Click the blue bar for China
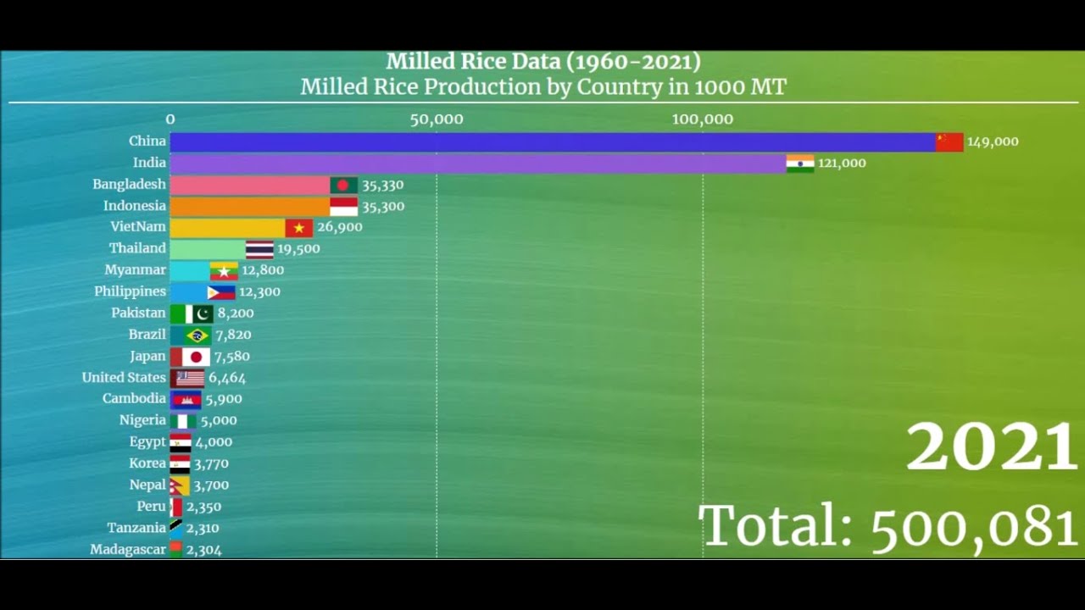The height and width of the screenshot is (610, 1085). [x=551, y=141]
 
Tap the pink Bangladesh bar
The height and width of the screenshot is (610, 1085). [x=249, y=185]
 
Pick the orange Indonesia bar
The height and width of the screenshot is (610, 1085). [x=249, y=206]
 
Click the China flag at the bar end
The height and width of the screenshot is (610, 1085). [x=949, y=141]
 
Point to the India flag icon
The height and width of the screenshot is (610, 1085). [x=800, y=163]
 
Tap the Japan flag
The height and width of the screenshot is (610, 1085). [x=196, y=357]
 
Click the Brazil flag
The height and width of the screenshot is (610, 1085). [x=198, y=335]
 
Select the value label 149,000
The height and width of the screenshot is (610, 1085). [x=993, y=142]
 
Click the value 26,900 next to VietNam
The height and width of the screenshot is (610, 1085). [x=339, y=227]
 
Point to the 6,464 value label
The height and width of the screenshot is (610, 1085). [x=227, y=378]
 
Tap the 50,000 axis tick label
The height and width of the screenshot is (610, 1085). [x=437, y=119]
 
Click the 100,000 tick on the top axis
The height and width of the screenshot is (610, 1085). [x=703, y=119]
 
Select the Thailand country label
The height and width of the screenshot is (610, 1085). [x=137, y=248]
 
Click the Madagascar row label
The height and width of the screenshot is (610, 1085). [x=128, y=549]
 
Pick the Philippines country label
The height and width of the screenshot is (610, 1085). [x=130, y=291]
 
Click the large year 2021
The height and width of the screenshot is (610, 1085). [x=991, y=448]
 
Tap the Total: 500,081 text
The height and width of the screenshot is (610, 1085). [x=887, y=525]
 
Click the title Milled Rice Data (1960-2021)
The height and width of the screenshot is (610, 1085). [x=543, y=62]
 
